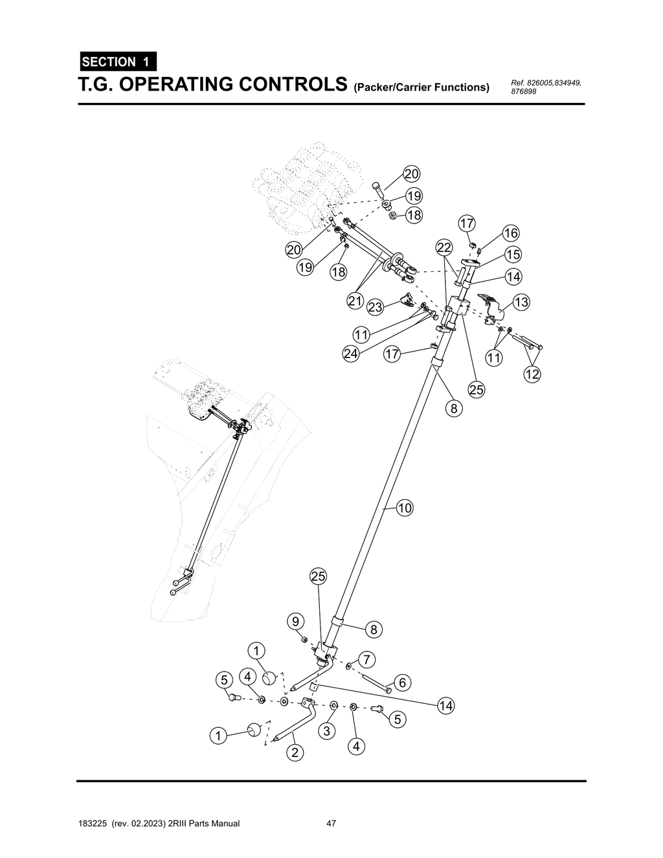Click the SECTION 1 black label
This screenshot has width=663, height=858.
pos(117,62)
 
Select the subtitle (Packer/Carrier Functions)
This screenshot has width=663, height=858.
pos(421,87)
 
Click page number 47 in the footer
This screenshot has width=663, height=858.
pos(331,824)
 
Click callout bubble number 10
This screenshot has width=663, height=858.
pos(405,508)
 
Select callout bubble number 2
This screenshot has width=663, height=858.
pos(295,752)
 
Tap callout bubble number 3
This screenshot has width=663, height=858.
pos(326,731)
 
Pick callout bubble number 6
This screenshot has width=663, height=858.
pos(402,683)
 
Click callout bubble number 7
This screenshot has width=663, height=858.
pos(366,660)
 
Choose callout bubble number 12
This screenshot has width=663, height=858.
pos(532,374)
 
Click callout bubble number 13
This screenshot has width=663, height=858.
pos(521,302)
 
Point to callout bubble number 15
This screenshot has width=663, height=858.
pos(513,254)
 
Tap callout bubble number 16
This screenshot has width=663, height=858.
pos(511,233)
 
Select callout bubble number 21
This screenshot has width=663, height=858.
pos(354,301)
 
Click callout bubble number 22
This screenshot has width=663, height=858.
pos(444,247)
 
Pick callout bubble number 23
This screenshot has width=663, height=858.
pos(375,306)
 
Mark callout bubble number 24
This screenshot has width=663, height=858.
pos(350,354)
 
